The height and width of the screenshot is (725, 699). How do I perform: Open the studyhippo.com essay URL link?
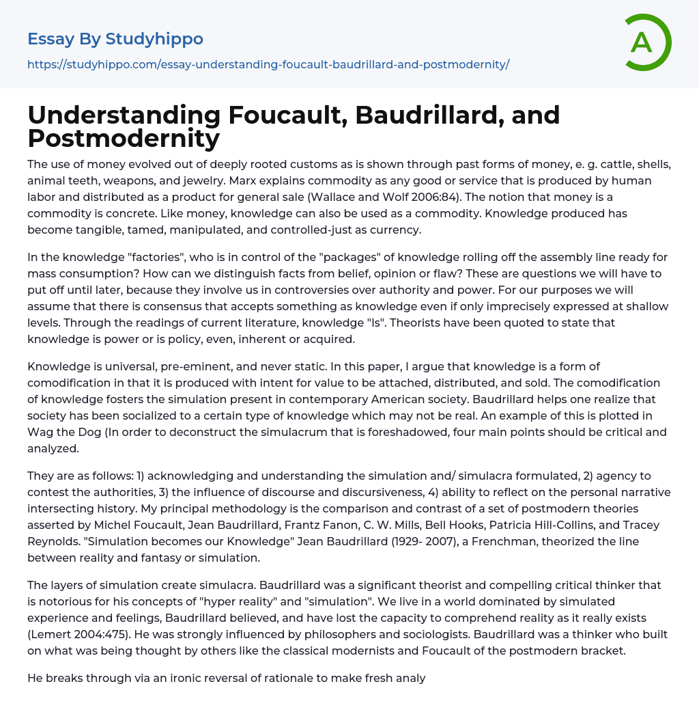tap(268, 64)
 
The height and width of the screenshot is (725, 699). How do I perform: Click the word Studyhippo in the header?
tap(154, 39)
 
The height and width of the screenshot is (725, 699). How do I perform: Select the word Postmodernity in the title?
tap(124, 138)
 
